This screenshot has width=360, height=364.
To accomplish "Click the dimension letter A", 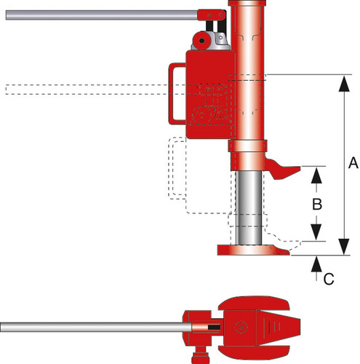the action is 353,163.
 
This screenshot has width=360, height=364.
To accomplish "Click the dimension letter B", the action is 317,204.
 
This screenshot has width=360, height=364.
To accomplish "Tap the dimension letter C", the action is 329,279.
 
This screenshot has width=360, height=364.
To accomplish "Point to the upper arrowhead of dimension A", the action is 344,84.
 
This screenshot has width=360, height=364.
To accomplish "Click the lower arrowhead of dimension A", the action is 344,247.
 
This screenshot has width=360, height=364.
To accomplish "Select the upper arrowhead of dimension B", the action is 316,175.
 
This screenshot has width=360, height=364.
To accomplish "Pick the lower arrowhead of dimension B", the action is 316,232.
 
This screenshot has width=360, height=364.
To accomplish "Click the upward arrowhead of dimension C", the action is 316,264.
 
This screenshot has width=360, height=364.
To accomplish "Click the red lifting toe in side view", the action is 281,169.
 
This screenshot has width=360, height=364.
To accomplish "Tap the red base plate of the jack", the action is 253,250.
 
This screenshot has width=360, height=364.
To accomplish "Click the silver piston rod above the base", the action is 249,207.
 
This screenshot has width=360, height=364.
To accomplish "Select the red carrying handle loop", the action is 172,94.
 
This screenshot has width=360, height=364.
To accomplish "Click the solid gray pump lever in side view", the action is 102,15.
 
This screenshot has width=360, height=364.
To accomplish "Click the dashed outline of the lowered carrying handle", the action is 172,168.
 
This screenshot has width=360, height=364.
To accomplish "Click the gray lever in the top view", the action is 96,327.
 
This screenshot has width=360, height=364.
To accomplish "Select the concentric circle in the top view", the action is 241,327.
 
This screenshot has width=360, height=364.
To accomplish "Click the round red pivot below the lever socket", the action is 201,40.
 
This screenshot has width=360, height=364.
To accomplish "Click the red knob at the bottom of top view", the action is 201,356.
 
